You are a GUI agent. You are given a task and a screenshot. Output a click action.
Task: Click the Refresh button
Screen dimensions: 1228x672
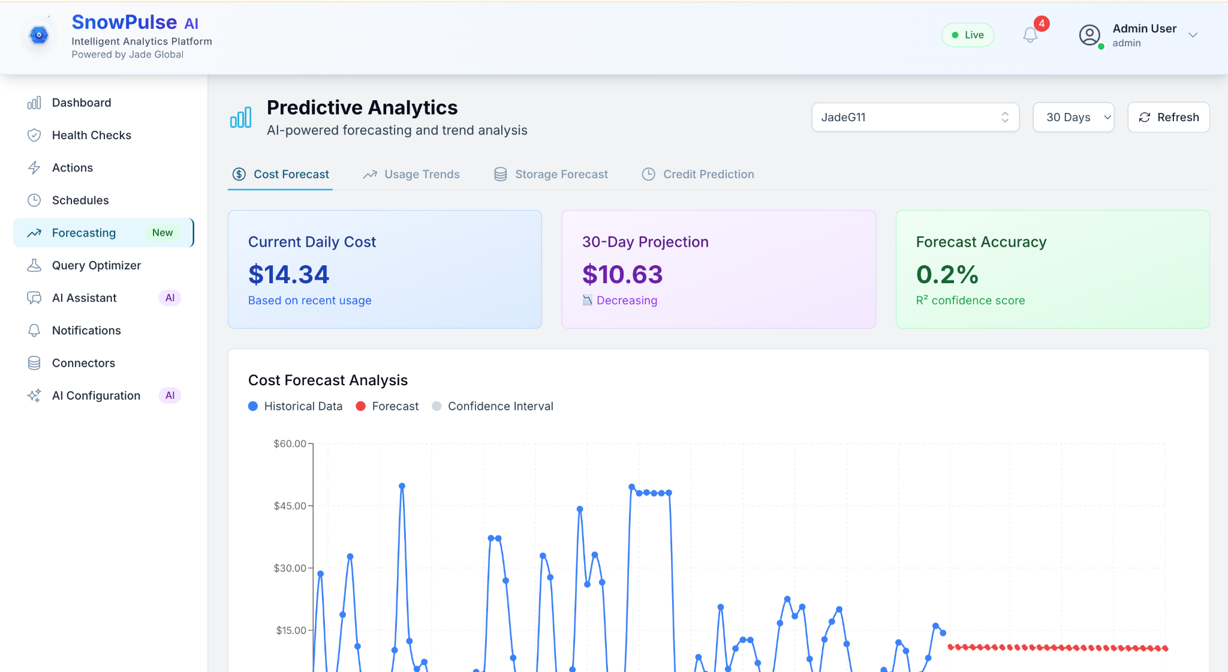click(x=1168, y=117)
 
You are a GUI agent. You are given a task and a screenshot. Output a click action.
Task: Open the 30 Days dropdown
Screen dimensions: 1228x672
click(x=1073, y=117)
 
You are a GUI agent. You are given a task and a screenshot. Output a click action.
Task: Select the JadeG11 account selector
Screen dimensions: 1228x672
click(x=915, y=117)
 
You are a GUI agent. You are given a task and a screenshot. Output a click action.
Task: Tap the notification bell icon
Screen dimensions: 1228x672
click(x=1030, y=35)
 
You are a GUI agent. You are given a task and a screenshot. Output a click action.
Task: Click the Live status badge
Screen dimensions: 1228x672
click(x=968, y=35)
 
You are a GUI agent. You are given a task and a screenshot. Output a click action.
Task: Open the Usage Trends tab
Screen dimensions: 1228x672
click(x=411, y=174)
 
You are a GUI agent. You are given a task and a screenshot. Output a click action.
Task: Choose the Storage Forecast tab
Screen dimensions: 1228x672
click(x=551, y=174)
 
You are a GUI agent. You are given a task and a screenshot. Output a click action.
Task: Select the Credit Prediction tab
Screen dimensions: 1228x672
click(x=698, y=174)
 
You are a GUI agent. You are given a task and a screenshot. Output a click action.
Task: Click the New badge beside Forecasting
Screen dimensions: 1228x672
click(x=162, y=233)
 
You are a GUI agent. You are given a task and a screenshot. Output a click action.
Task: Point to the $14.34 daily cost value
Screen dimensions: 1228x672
click(x=288, y=275)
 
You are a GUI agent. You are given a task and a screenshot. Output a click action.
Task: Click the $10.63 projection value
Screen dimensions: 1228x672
click(x=622, y=275)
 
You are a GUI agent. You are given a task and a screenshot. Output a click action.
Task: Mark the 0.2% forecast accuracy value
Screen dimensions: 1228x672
click(x=947, y=275)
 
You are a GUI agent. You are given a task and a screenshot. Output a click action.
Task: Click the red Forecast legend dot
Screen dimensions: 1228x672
click(x=361, y=406)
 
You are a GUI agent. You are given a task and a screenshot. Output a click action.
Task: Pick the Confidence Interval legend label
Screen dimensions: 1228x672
click(x=501, y=406)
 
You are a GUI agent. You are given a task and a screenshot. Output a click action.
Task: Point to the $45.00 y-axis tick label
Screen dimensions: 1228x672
click(x=290, y=506)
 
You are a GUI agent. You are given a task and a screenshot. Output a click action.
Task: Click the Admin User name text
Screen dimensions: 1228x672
click(x=1144, y=28)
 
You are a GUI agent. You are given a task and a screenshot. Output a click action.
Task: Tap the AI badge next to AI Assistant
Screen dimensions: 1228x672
click(x=170, y=298)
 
